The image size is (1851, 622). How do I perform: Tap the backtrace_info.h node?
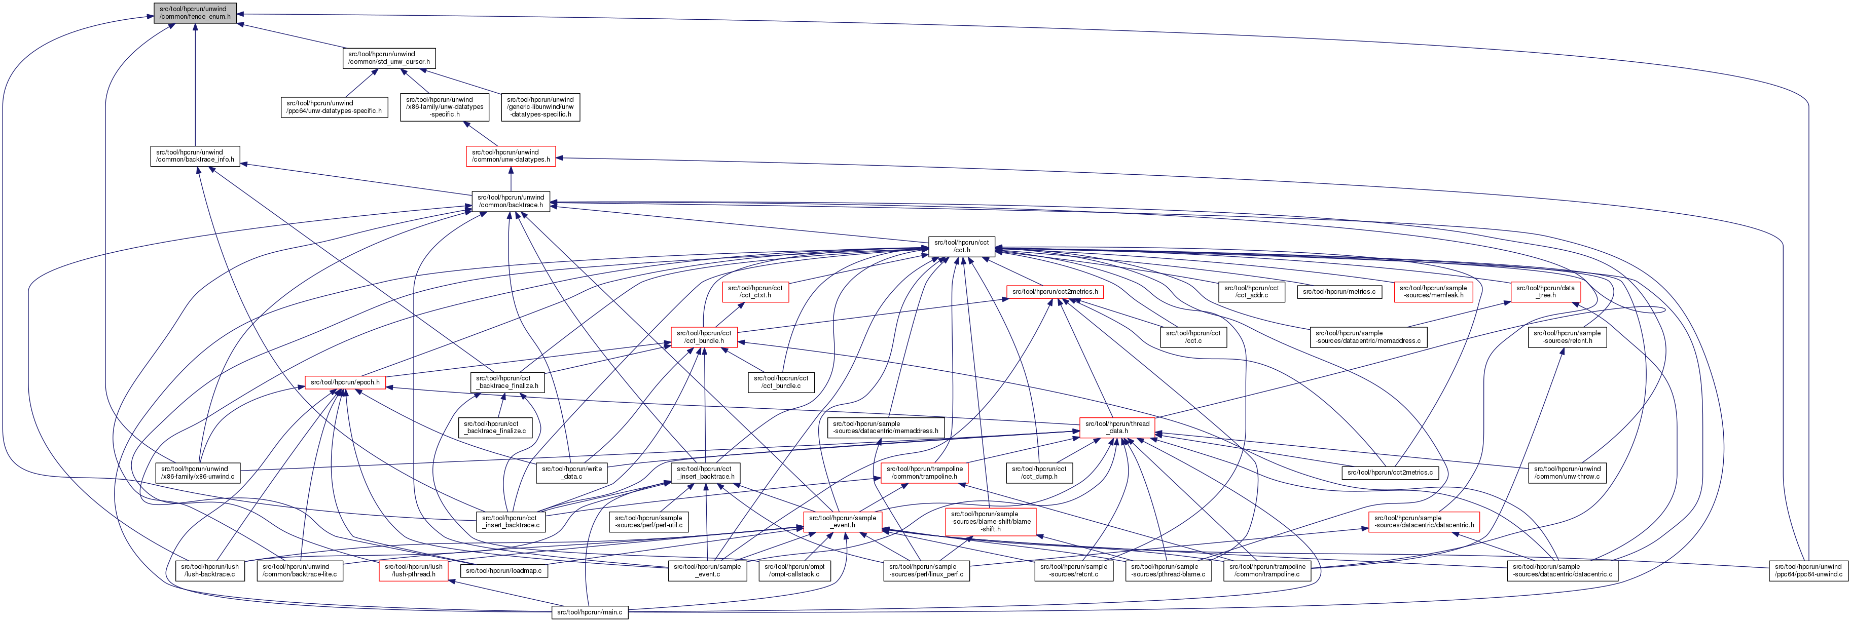(x=195, y=156)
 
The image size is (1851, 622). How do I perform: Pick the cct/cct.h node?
(x=961, y=246)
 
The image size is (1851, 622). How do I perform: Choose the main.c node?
(x=589, y=612)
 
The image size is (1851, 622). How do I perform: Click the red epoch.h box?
(x=345, y=382)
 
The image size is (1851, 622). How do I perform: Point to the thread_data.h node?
(x=1117, y=427)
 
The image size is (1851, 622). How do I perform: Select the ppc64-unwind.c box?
(x=1808, y=570)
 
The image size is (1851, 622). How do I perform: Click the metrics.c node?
(x=1338, y=292)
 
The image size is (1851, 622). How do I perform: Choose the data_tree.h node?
(x=1545, y=292)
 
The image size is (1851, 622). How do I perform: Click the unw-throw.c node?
(x=1567, y=473)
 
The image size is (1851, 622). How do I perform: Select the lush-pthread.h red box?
(x=413, y=570)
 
